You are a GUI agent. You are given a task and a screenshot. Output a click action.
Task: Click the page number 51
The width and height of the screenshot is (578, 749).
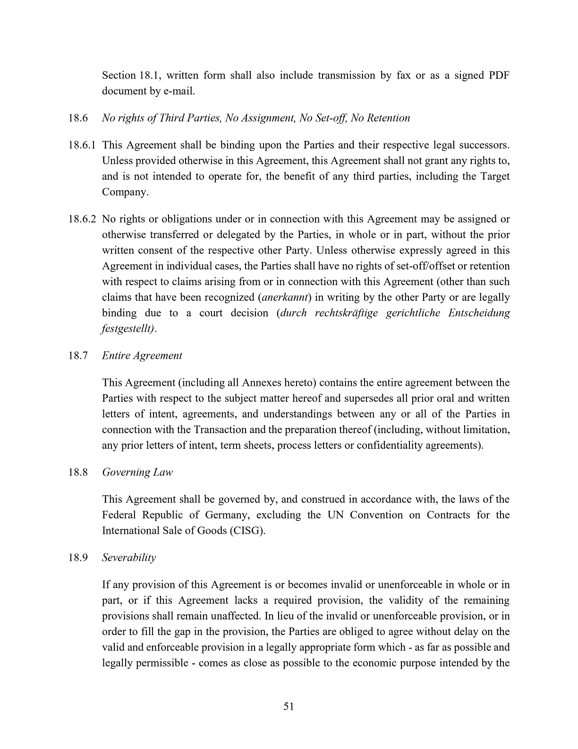(289, 706)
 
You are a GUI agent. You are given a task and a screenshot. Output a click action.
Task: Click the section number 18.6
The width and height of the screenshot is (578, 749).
(78, 118)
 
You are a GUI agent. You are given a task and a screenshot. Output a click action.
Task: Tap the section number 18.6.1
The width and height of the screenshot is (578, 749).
(82, 145)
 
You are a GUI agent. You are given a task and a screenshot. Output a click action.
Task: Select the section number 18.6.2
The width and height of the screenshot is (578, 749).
(82, 219)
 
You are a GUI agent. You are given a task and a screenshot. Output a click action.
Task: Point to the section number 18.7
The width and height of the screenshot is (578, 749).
(78, 356)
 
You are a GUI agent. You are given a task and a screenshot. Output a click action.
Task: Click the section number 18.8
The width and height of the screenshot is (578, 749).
(78, 472)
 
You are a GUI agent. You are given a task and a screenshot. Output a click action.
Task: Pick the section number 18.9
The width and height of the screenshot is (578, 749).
(78, 558)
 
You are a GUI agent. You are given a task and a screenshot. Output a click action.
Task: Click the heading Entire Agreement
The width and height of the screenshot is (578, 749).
(142, 356)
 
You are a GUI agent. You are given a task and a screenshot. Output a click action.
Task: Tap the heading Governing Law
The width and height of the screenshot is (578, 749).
(137, 472)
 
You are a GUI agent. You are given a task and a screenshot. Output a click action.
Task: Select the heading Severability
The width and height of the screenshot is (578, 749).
(129, 558)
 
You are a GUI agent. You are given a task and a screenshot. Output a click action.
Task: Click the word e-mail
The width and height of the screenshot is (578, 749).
(179, 91)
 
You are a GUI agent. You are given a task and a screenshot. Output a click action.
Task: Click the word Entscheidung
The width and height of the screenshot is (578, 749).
(479, 314)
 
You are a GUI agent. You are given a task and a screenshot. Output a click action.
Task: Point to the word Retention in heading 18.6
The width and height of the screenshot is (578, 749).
(387, 118)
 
